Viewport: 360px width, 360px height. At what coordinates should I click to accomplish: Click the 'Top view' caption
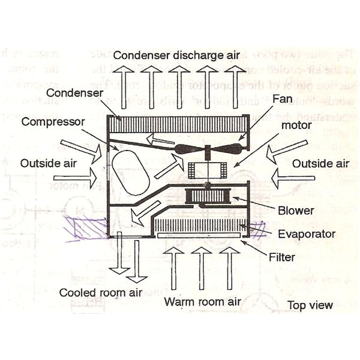[310, 305]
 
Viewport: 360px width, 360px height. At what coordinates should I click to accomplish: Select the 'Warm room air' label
[203, 301]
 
